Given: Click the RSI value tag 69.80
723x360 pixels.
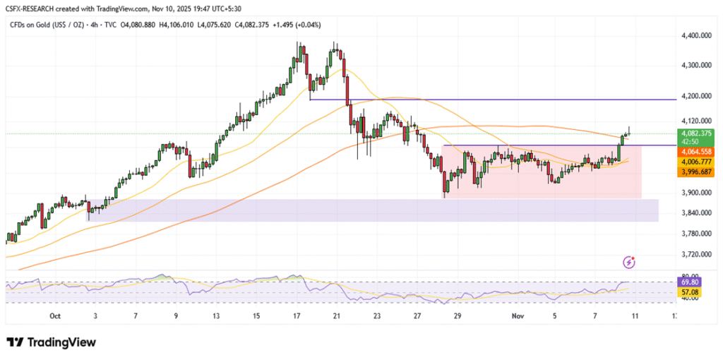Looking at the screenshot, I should tap(688, 281).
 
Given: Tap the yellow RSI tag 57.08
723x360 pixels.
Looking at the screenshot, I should tap(688, 291).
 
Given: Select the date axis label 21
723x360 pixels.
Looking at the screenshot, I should tap(337, 316).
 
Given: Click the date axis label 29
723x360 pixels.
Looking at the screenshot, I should tap(458, 316).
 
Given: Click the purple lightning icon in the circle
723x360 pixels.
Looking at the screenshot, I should tap(629, 262).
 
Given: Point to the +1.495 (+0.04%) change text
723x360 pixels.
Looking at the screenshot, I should tap(292, 25).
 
